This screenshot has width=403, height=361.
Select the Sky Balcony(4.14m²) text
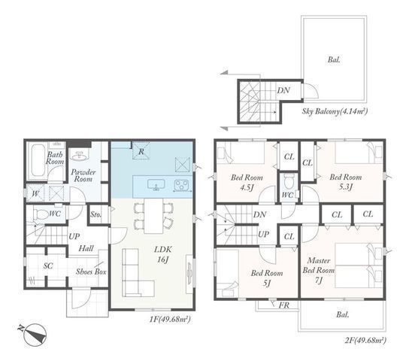click(334, 111)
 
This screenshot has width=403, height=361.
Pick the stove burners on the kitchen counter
click(181, 186)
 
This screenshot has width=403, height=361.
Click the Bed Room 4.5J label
click(245, 184)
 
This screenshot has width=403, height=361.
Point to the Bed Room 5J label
click(266, 278)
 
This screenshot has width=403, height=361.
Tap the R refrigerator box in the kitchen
click(141, 151)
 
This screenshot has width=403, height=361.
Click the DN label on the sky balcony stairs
click(283, 90)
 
